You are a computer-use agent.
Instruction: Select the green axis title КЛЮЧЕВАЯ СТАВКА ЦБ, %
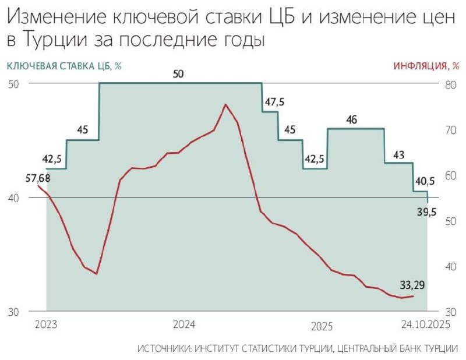click(x=64, y=66)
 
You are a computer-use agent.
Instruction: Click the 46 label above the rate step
click(x=351, y=120)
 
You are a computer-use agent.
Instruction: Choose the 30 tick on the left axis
click(x=13, y=312)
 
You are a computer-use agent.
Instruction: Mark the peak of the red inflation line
click(x=225, y=104)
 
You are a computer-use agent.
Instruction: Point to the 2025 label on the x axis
click(x=322, y=325)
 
